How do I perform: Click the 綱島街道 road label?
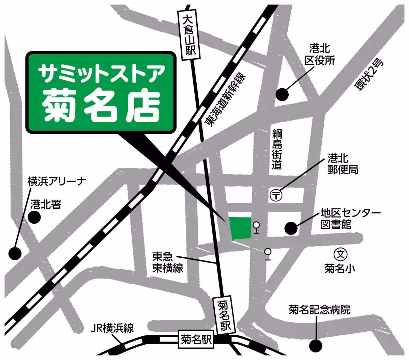coord(277,149)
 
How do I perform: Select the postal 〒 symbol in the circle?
coord(276,195)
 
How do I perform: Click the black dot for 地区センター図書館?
coord(291,228)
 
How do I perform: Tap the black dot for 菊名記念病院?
coord(316,346)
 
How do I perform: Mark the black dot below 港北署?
coord(34,217)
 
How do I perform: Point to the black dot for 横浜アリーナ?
coord(15,253)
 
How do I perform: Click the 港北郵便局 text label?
coord(343,164)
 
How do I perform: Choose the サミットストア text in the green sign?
coord(101,73)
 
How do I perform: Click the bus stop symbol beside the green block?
coord(256,227)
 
